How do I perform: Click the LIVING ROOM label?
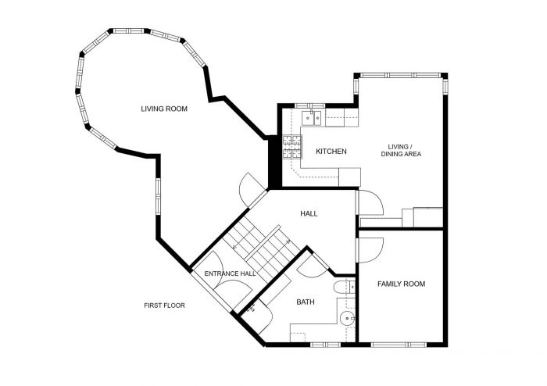[164, 109]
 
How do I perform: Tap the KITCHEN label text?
[331, 151]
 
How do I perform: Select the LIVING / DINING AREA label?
[401, 150]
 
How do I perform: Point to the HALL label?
[309, 213]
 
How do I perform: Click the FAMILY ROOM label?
[401, 284]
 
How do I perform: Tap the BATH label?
[306, 302]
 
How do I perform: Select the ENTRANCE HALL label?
[231, 273]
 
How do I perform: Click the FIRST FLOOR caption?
[164, 306]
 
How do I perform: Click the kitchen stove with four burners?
[291, 147]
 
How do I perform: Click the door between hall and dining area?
[370, 205]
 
